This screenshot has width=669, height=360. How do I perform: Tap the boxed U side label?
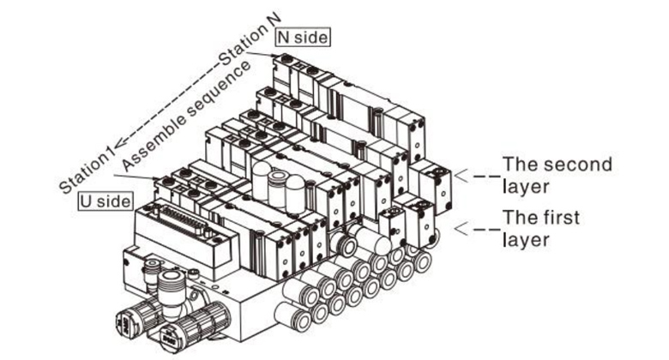[106, 201]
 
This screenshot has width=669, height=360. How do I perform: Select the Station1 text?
[87, 161]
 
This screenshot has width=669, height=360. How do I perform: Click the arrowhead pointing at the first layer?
[459, 229]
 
